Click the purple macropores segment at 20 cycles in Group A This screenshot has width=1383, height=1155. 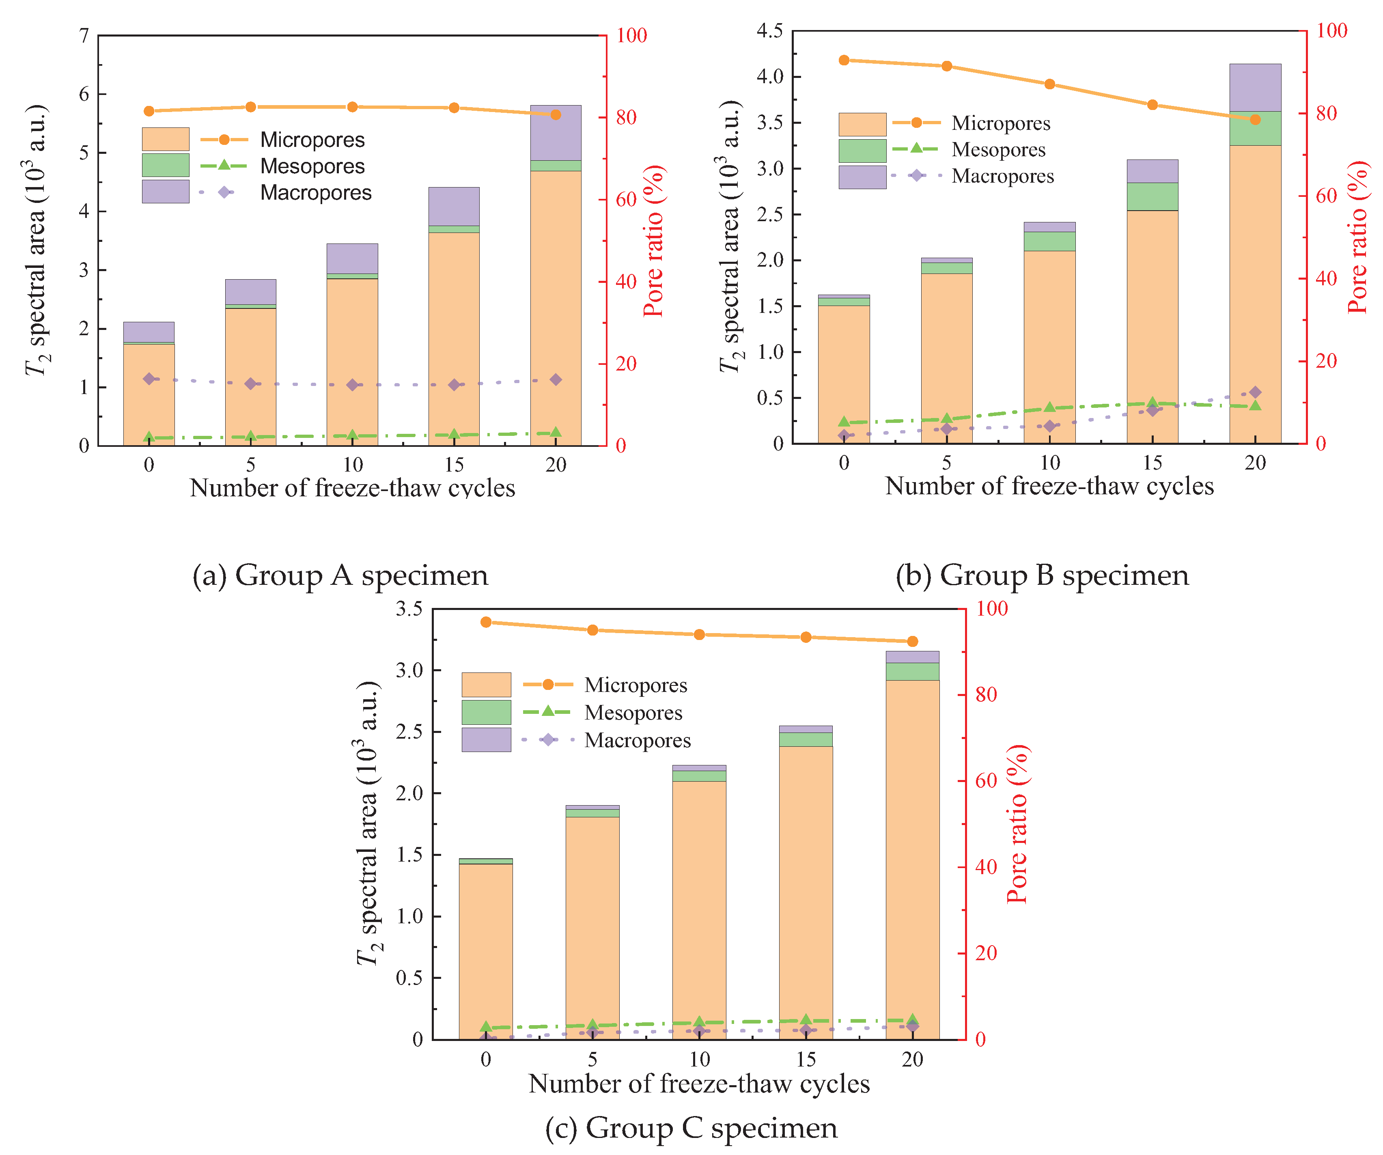555,132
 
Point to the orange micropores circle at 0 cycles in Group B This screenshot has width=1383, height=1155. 844,60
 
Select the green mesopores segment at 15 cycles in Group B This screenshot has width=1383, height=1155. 1152,196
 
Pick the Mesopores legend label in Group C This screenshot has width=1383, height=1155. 633,713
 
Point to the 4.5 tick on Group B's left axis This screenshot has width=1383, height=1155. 770,31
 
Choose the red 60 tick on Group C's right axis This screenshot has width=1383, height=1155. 986,781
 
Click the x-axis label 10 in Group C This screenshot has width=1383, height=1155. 699,1060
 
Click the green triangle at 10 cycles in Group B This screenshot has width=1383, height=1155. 1049,407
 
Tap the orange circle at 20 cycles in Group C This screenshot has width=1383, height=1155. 912,641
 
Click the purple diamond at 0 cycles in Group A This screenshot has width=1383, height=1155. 149,379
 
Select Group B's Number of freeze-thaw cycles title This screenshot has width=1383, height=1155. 1049,486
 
